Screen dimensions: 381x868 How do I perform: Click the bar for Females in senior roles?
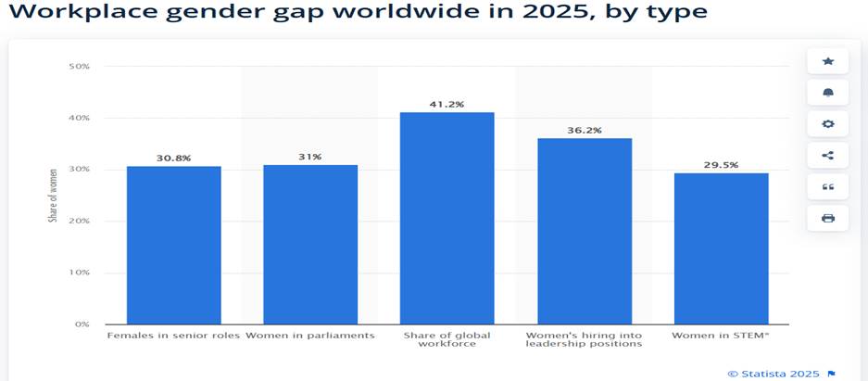click(173, 245)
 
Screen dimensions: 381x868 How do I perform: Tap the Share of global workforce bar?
click(447, 218)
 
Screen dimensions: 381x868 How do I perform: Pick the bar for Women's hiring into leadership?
click(584, 231)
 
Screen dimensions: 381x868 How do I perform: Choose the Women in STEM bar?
click(721, 248)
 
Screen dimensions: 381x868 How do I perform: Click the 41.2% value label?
click(447, 105)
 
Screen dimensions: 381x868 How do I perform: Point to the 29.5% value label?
click(721, 165)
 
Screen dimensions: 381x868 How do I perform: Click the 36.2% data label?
click(584, 131)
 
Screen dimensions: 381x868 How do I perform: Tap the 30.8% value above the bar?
click(173, 159)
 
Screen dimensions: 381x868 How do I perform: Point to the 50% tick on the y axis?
click(78, 67)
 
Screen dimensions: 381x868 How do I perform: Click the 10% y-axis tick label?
click(78, 273)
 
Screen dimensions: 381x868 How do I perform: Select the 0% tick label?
click(81, 324)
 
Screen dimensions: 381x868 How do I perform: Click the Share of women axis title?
click(54, 195)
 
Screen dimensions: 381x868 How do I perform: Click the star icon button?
click(827, 61)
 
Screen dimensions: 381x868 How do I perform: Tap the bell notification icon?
click(827, 93)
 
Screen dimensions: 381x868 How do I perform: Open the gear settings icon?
click(827, 124)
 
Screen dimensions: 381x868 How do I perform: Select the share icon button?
click(827, 156)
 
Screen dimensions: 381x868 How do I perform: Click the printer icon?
click(827, 218)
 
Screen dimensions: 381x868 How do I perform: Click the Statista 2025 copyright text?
click(774, 373)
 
